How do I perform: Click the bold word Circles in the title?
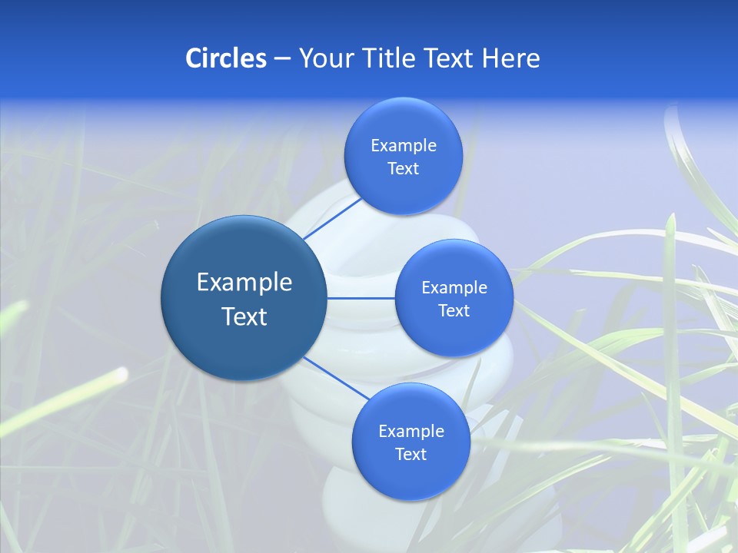tap(225, 58)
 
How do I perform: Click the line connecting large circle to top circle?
tap(332, 217)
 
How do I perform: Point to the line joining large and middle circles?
tap(361, 298)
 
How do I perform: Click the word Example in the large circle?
tap(244, 283)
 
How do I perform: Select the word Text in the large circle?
tap(244, 316)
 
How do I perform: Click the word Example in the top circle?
tap(404, 145)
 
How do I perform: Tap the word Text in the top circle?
tap(403, 169)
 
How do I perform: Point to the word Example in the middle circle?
tap(454, 287)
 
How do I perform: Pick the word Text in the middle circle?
tap(454, 310)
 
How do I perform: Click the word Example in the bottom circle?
tap(411, 431)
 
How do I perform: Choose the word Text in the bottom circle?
tap(411, 454)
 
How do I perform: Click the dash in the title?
tap(282, 59)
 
